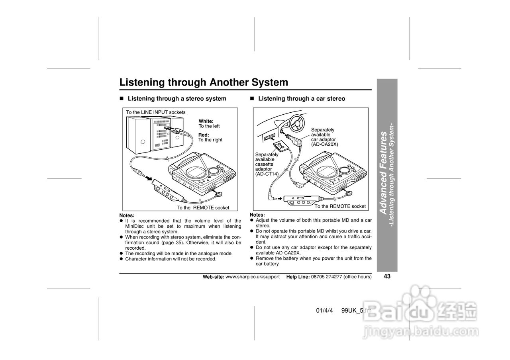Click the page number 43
(387, 276)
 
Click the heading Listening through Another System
(204, 82)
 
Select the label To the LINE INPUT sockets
(156, 112)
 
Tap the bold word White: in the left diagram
(206, 121)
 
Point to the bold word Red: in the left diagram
(204, 135)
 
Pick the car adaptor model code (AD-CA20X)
(324, 144)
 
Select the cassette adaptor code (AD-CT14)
(267, 174)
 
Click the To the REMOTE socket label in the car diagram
(340, 206)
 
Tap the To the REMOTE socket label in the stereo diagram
(203, 207)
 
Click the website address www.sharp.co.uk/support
(253, 277)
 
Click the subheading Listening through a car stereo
(302, 99)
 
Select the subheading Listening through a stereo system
(177, 99)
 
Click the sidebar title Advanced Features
(383, 173)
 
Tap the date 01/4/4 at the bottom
(324, 311)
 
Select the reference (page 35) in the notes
(173, 243)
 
